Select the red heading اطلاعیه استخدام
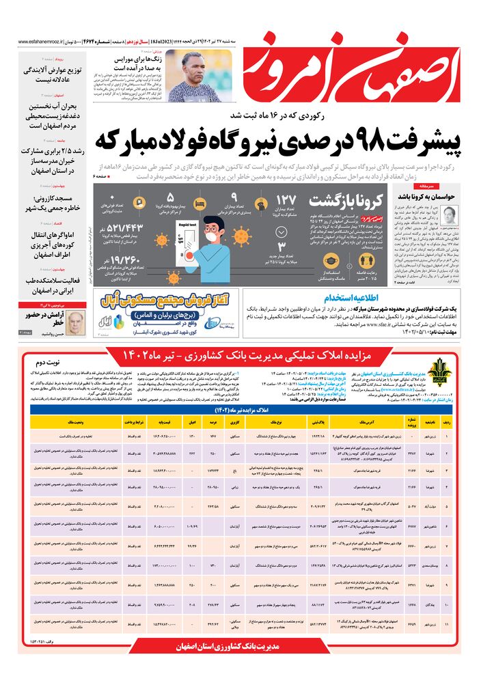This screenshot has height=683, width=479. (x=370, y=298)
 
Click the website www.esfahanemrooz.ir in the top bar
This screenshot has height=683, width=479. (x=41, y=41)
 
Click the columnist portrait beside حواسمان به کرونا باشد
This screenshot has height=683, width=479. (x=450, y=215)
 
